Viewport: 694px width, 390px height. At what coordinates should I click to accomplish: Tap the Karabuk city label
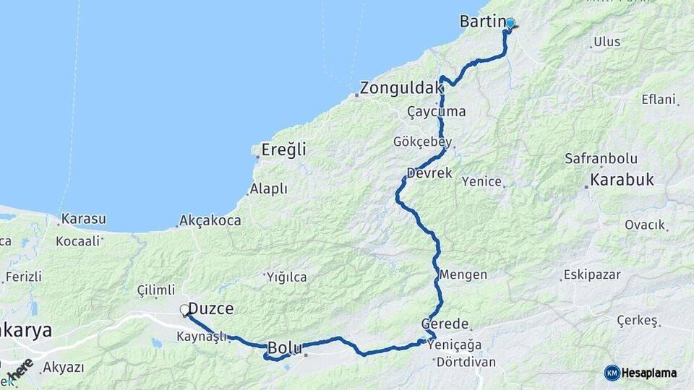tap(622, 179)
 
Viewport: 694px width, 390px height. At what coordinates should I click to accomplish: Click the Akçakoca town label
tap(210, 220)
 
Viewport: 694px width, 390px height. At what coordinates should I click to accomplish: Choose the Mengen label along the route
tap(463, 275)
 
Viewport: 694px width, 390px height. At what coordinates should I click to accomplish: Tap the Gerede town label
tap(446, 324)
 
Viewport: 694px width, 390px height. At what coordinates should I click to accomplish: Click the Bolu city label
tap(285, 348)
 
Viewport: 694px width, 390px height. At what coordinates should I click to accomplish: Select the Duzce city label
tap(210, 309)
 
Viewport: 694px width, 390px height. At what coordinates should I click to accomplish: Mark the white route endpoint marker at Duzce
tap(184, 310)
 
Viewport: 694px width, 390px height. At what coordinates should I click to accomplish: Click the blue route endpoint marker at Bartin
tap(510, 23)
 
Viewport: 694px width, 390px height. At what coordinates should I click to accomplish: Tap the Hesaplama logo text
tap(648, 373)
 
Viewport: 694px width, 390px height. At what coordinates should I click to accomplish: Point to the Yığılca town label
tap(286, 277)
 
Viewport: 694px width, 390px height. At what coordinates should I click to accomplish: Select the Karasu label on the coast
tap(84, 218)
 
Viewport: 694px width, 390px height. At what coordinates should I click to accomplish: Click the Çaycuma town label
tap(436, 112)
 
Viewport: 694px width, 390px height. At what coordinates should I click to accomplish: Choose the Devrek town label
tap(429, 173)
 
